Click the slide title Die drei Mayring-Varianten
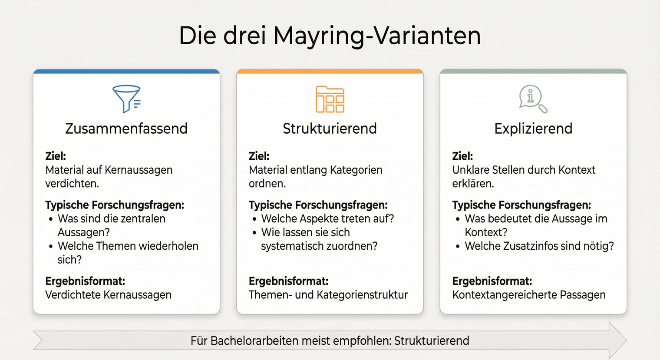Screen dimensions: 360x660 tap(330, 36)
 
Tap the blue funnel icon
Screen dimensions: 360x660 tap(126, 99)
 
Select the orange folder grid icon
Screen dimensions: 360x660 tap(330, 99)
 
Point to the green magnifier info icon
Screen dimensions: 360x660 tap(532, 99)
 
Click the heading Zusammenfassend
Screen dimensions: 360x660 tap(126, 129)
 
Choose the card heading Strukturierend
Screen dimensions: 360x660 tap(330, 129)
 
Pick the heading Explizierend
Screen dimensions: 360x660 tap(533, 129)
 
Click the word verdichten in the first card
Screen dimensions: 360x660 tap(71, 184)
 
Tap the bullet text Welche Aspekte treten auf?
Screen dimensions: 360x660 tap(327, 218)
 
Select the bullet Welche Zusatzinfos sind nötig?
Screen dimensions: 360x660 tap(539, 246)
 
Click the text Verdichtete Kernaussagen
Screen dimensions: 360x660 tap(108, 295)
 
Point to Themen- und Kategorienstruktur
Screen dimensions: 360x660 tap(328, 295)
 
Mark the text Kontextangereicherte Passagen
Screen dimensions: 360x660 tap(528, 295)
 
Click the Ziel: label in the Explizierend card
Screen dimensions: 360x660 tap(462, 156)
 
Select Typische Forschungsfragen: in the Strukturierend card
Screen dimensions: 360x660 tap(318, 205)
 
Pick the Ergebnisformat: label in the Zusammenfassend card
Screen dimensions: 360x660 tap(85, 281)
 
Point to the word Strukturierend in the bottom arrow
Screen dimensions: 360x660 tap(432, 340)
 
